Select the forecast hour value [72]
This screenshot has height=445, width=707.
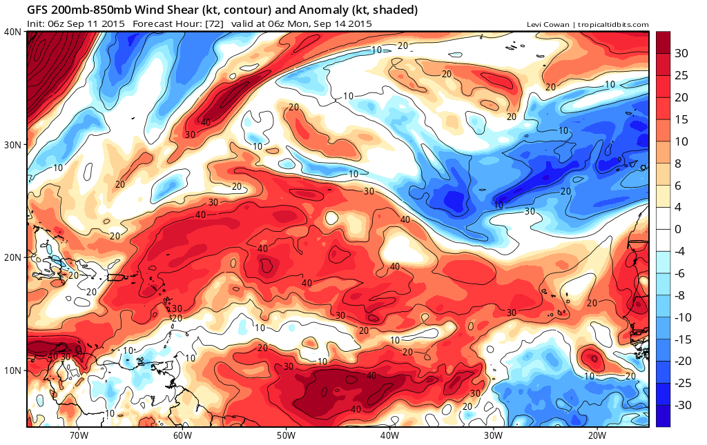[219, 23]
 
